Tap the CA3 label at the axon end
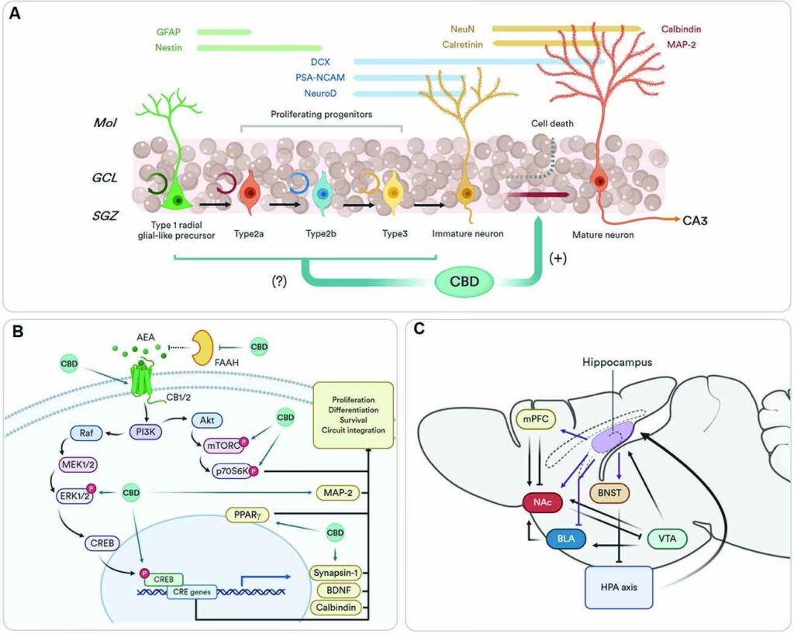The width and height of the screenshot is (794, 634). click(x=697, y=221)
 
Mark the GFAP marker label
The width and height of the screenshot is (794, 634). click(x=168, y=33)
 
